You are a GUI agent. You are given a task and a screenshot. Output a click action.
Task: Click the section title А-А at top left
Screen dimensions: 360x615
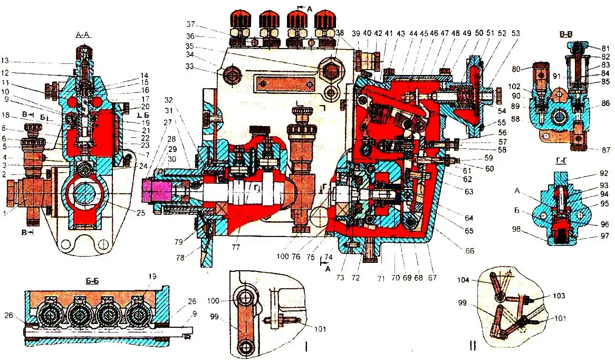coord(82,35)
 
